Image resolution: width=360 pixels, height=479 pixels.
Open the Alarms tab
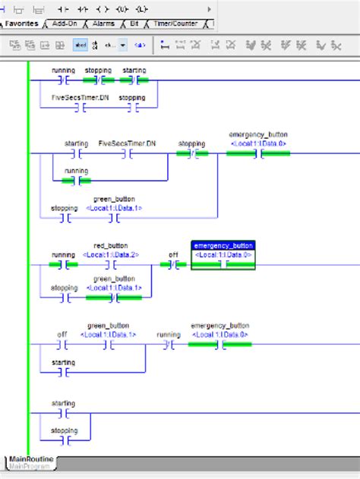104,24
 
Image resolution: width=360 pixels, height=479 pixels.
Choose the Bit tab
133,24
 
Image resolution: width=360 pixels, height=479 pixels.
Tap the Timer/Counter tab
174,24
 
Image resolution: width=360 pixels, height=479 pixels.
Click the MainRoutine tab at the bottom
30,459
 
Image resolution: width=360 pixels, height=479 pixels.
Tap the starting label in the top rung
134,71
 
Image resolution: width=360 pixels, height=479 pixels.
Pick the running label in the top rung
63,71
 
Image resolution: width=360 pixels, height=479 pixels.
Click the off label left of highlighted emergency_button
174,255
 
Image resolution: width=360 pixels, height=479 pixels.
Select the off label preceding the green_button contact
63,334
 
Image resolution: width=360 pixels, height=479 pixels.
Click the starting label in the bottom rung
63,403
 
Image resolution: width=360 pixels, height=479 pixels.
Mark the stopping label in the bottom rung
63,430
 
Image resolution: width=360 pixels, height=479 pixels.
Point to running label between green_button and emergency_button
168,334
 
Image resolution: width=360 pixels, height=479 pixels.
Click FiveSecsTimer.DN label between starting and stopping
127,143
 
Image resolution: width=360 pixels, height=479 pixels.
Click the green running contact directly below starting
76,181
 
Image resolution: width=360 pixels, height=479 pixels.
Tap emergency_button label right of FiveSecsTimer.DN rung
258,134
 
